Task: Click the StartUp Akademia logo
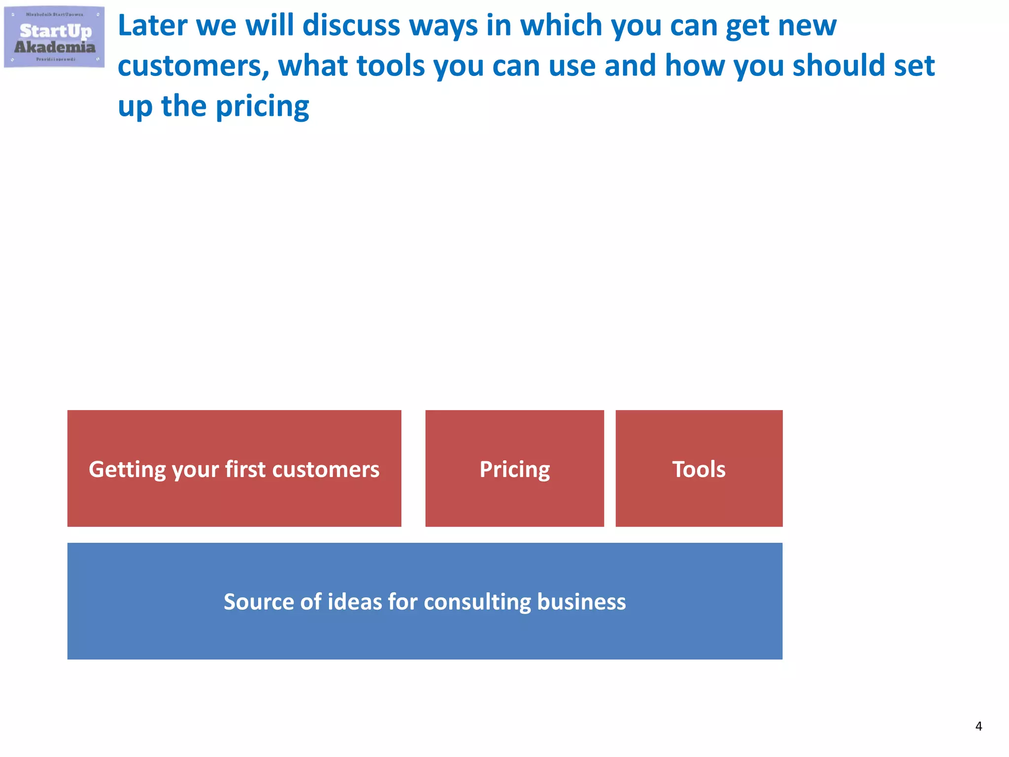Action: [54, 37]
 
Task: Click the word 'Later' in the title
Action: [152, 26]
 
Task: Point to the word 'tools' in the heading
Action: [390, 66]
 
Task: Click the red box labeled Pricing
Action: [514, 468]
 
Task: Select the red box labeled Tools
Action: [699, 468]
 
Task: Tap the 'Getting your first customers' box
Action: [234, 468]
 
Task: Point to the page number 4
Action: [978, 726]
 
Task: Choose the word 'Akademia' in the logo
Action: [55, 47]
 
